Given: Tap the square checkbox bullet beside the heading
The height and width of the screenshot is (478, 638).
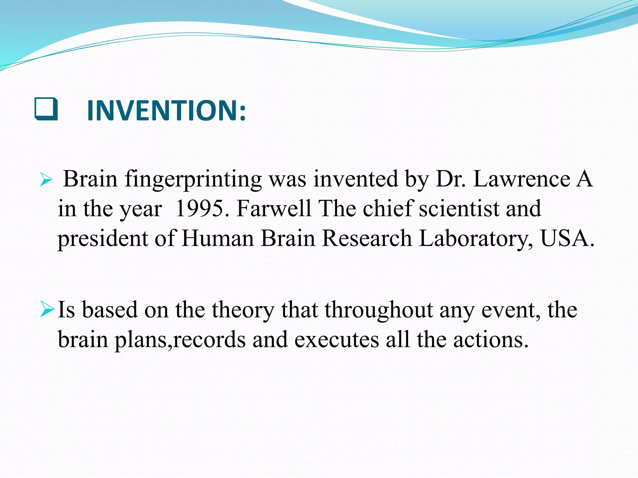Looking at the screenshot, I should click(x=46, y=109).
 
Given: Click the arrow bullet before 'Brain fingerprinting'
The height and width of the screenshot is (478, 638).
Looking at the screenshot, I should click(x=46, y=180).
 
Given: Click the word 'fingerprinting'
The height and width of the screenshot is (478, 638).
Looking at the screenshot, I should click(x=193, y=180).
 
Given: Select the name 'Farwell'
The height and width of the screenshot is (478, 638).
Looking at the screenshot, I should click(x=274, y=209).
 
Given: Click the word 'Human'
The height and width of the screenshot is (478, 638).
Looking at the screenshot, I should click(x=218, y=238).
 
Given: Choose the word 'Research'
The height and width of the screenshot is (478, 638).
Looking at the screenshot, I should click(x=367, y=238).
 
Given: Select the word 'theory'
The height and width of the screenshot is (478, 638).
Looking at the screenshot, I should click(x=243, y=311).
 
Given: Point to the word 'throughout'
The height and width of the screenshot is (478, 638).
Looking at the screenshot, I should click(x=379, y=311).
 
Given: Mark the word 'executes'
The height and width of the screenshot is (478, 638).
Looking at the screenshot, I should click(x=336, y=340).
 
